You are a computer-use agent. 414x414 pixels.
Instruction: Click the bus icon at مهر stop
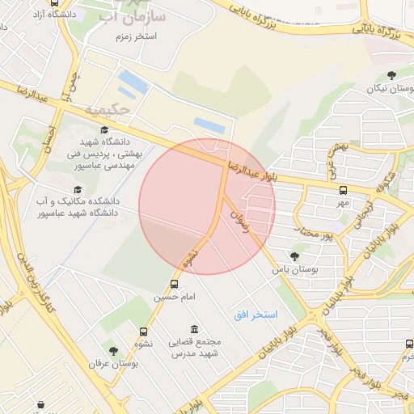coord(344,191)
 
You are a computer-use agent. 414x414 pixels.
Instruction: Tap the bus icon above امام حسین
coord(174,285)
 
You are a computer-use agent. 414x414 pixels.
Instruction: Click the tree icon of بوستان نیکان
coord(391,75)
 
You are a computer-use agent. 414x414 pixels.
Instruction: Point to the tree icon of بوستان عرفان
coord(113,351)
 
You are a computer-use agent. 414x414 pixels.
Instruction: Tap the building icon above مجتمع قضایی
coord(193,329)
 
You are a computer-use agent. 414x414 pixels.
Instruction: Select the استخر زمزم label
coord(134,37)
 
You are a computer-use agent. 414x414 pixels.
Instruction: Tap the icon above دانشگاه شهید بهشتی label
coord(104,129)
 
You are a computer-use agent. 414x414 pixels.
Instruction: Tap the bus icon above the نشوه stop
coord(144,332)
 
